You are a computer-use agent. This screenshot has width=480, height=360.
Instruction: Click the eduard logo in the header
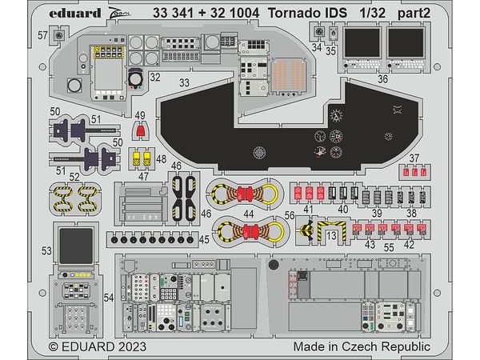tap(78, 13)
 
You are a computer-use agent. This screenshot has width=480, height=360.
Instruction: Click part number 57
tap(42, 37)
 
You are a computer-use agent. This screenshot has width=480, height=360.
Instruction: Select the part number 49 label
tap(141, 115)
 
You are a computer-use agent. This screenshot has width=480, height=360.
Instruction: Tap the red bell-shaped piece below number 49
tap(142, 131)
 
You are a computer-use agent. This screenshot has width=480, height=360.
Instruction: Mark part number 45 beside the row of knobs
tap(205, 238)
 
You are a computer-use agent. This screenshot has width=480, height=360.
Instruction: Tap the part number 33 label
tap(185, 82)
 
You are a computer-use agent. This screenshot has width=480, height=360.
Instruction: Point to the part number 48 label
tap(162, 159)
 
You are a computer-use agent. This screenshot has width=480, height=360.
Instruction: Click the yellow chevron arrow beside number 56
tap(309, 233)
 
